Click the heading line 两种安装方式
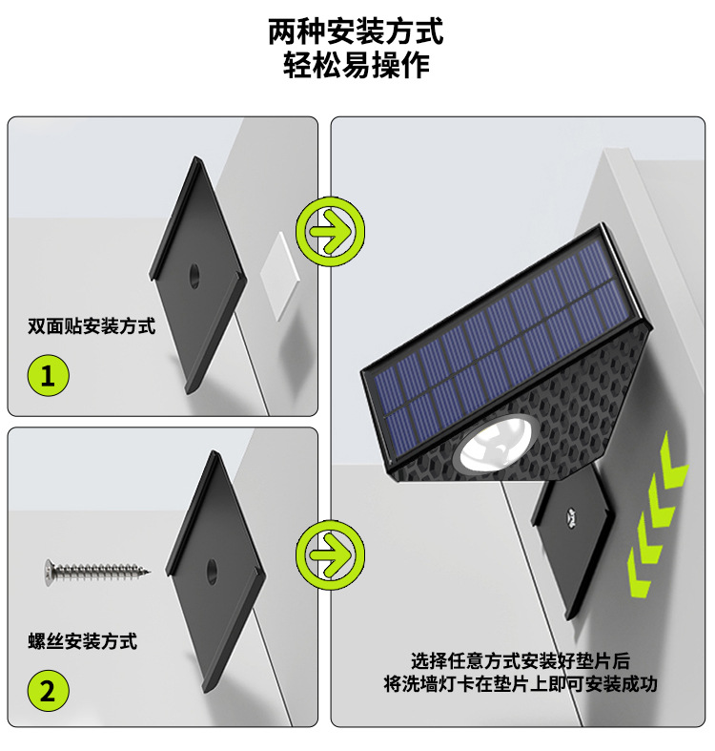click(357, 31)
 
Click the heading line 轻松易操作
click(357, 65)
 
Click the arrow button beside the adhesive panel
click(330, 230)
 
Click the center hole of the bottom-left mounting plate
click(210, 573)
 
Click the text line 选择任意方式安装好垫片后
click(521, 660)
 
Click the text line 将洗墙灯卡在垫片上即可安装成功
click(521, 684)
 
